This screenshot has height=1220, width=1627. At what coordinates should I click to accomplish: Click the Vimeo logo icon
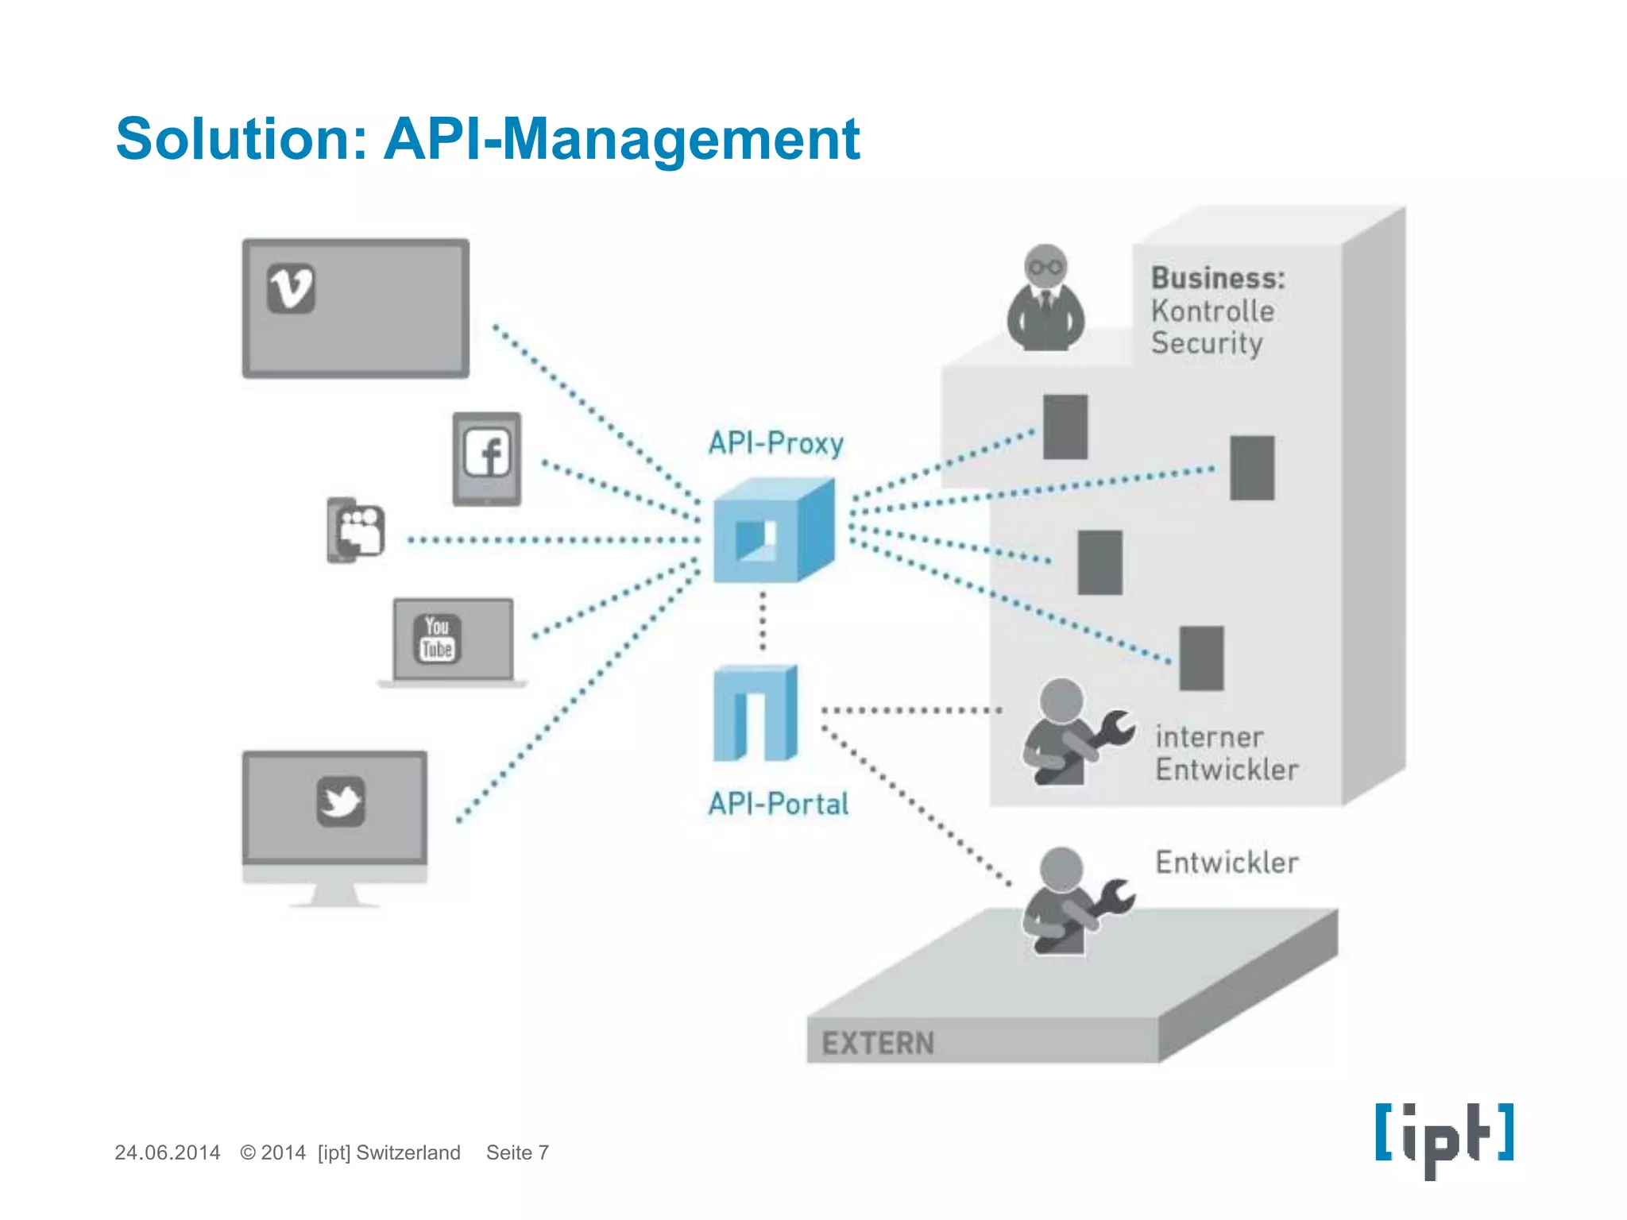(x=291, y=288)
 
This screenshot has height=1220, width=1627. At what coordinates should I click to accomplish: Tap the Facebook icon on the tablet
(x=487, y=454)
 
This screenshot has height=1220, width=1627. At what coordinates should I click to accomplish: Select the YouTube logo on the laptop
(x=437, y=639)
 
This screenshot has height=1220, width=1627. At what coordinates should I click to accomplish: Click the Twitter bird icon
(x=341, y=801)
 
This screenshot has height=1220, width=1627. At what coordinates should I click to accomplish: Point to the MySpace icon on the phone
(x=360, y=530)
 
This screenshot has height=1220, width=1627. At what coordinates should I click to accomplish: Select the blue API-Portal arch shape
(x=755, y=713)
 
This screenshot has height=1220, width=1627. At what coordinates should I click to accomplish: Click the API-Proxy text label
(x=775, y=443)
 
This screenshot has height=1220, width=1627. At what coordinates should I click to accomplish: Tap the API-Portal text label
(x=779, y=804)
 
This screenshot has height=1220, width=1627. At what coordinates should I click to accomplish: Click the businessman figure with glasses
(x=1045, y=300)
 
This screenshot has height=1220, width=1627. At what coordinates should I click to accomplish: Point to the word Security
(x=1207, y=343)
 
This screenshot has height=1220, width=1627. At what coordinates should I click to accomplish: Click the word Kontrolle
(x=1212, y=311)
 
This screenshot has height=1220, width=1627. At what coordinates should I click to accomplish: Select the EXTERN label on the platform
(x=878, y=1043)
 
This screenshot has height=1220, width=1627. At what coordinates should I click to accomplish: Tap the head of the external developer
(x=1061, y=867)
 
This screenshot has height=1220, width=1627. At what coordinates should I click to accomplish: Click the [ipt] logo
(x=1444, y=1137)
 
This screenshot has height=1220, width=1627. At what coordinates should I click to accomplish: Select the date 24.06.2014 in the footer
(x=167, y=1152)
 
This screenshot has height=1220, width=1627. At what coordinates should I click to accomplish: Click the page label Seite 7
(x=517, y=1152)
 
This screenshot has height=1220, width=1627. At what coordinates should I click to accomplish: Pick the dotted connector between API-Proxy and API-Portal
(x=763, y=622)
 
